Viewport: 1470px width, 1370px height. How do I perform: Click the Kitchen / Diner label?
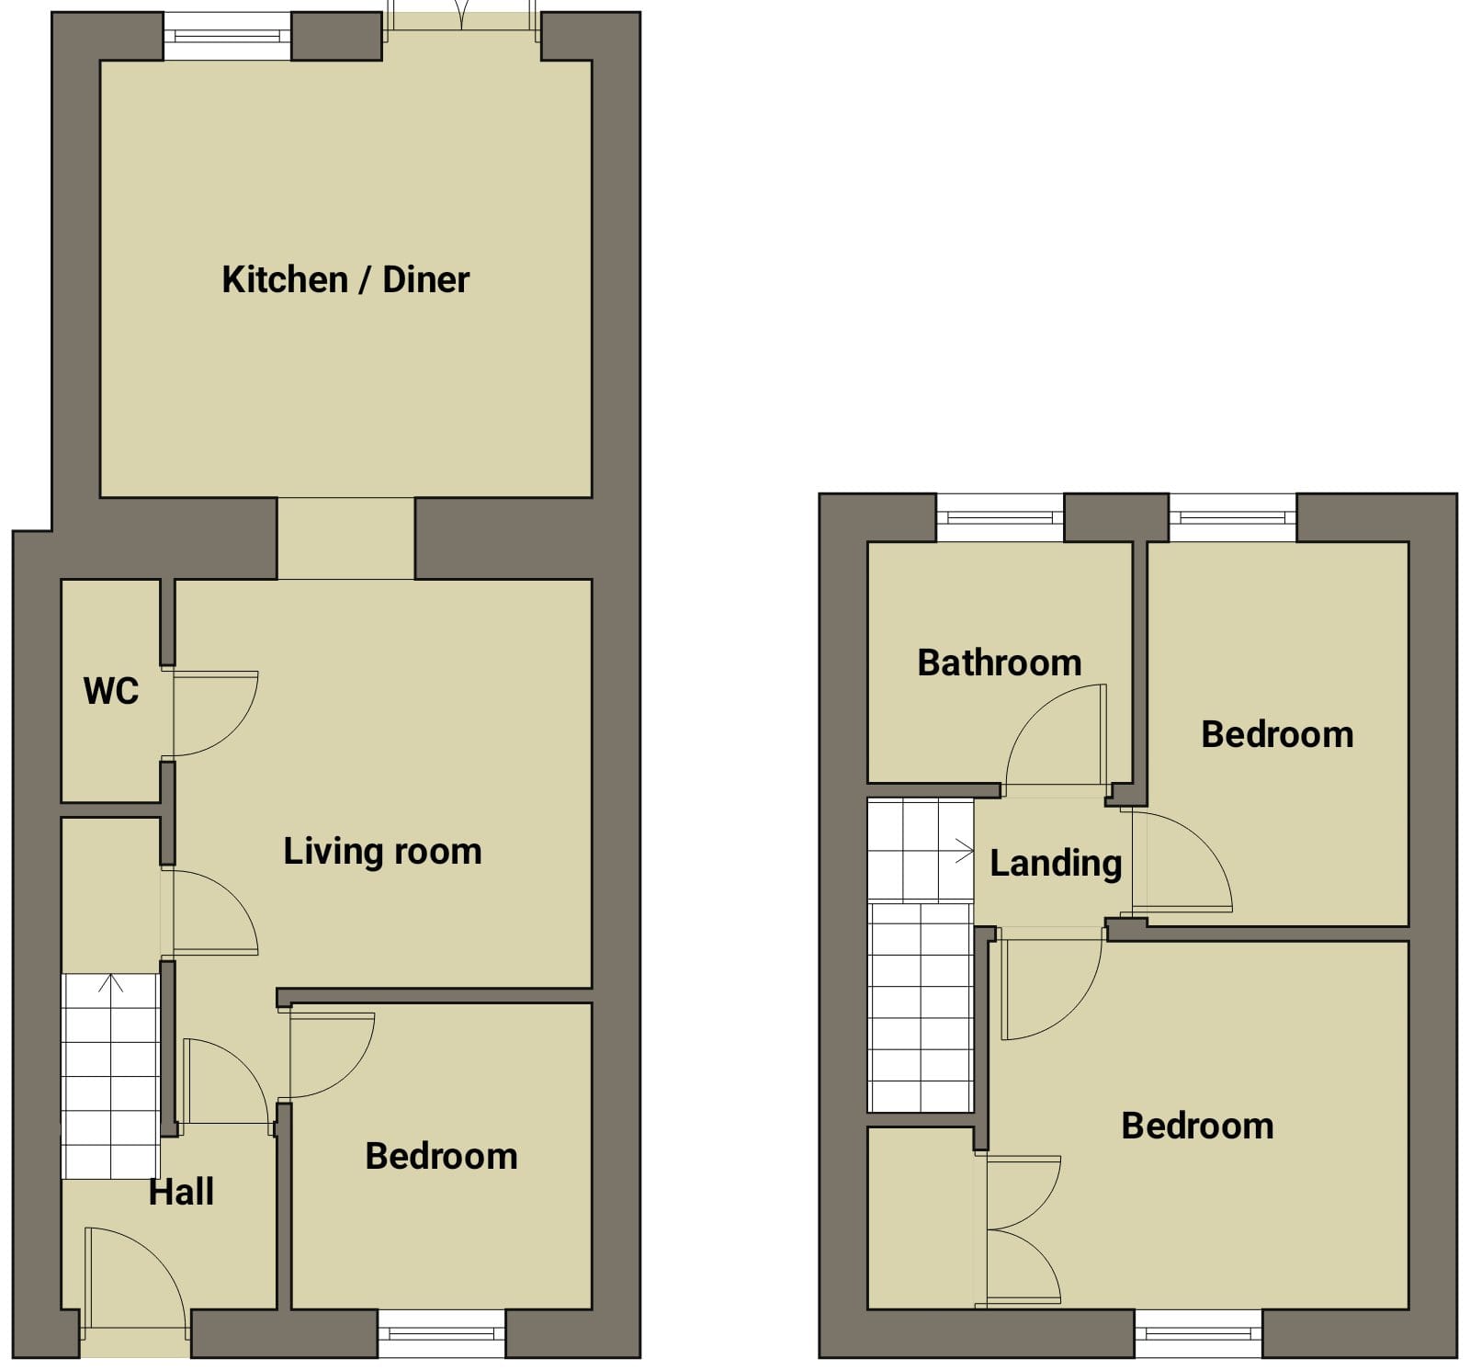(x=345, y=279)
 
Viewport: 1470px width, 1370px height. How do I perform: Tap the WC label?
(x=111, y=691)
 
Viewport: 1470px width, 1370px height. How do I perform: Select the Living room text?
(x=382, y=851)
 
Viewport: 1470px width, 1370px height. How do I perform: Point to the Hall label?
(x=182, y=1192)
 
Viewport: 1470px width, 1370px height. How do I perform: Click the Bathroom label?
(x=1000, y=662)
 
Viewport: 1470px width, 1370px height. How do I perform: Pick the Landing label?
(x=1056, y=864)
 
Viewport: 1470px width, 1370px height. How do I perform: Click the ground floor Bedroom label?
(x=441, y=1156)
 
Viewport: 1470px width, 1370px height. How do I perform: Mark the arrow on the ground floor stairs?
(x=111, y=983)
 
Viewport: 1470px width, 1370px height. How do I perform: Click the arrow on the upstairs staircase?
(x=964, y=851)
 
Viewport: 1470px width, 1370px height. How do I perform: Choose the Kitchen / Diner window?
(x=227, y=37)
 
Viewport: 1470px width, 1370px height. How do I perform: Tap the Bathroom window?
(x=1000, y=518)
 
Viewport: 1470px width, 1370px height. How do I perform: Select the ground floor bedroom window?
(x=442, y=1333)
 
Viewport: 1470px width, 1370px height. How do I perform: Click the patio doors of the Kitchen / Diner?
(x=461, y=28)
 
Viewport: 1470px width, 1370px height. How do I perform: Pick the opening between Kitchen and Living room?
(x=345, y=538)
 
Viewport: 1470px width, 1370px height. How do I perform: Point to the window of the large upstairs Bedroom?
(x=1199, y=1333)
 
